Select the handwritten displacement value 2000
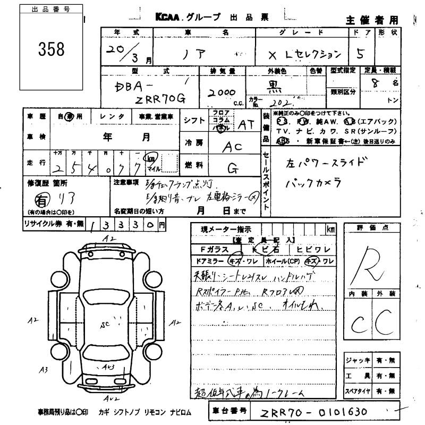click(x=221, y=92)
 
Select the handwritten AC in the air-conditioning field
click(x=232, y=148)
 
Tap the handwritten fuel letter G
click(x=232, y=168)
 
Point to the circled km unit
click(x=152, y=159)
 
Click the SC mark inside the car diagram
click(x=105, y=324)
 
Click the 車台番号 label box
click(x=229, y=411)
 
